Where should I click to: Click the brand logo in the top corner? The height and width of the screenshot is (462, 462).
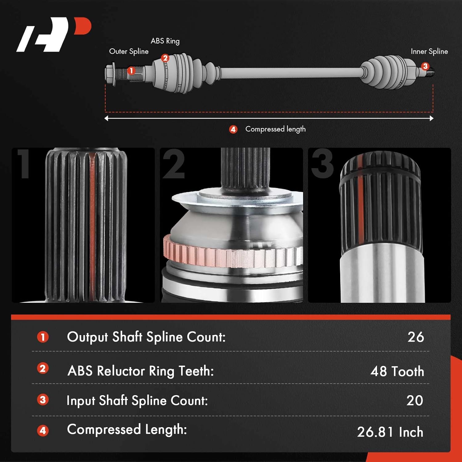(x=54, y=34)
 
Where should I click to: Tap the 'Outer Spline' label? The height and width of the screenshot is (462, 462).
(x=129, y=51)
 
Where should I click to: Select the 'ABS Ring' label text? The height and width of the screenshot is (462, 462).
(x=165, y=41)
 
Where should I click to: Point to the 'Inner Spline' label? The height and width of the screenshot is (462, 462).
(x=429, y=51)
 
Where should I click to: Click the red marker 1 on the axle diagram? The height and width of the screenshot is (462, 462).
(x=131, y=71)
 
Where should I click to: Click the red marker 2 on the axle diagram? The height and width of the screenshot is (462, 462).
(x=165, y=58)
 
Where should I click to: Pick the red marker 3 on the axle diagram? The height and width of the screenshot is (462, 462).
(x=425, y=66)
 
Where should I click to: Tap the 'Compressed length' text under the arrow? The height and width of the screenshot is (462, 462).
(x=275, y=129)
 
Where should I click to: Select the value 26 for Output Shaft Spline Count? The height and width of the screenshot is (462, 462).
(x=415, y=337)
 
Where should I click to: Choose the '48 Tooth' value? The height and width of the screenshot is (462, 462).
(x=397, y=371)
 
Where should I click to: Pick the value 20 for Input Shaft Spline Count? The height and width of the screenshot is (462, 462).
(x=415, y=400)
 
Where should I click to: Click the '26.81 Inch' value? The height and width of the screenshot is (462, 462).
(x=390, y=432)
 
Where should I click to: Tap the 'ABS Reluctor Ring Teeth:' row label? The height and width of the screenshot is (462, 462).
(x=140, y=371)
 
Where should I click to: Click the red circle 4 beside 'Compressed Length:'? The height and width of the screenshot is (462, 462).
(x=43, y=430)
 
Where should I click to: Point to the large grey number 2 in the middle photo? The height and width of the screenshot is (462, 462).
(x=173, y=164)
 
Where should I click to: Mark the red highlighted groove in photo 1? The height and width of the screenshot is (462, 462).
(x=92, y=225)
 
